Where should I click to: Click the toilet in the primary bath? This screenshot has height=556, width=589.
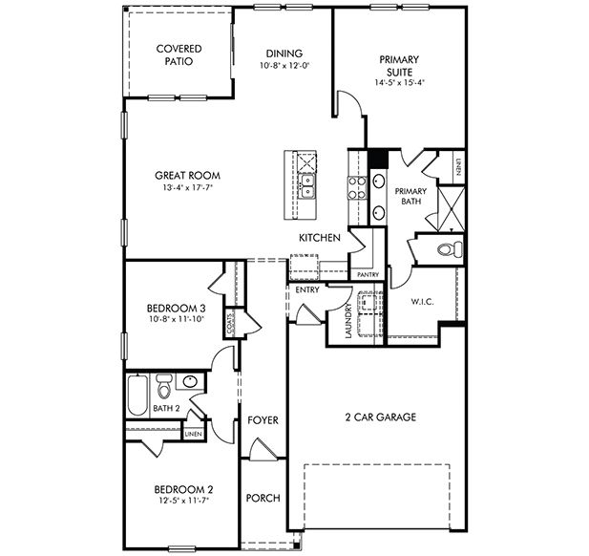pos(447,250)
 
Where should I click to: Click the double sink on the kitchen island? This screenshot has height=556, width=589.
pos(307,181)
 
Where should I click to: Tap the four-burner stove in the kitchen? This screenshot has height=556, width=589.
pos(357,187)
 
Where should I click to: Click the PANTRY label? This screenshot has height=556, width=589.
pos(368,275)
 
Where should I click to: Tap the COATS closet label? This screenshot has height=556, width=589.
pos(230,326)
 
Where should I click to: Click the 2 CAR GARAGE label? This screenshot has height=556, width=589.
pos(380,417)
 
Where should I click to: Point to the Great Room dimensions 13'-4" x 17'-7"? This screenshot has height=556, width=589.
pos(189,188)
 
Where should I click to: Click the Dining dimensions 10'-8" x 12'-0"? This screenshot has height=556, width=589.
pos(284,66)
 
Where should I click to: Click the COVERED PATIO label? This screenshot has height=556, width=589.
pos(177,54)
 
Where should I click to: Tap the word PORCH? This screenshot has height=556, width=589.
pos(263,499)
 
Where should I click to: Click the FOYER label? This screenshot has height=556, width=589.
pos(263,420)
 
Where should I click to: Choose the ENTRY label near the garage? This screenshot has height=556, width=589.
pos(308,289)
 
